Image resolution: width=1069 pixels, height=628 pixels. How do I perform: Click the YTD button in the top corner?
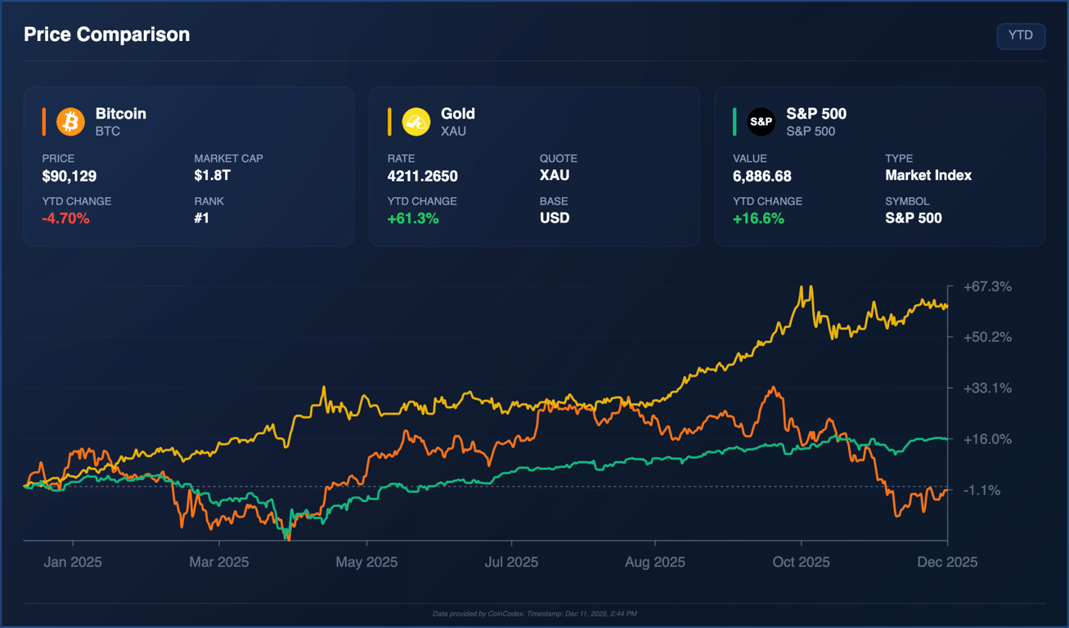point(1020,36)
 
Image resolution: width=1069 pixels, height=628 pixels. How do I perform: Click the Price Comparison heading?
point(106,34)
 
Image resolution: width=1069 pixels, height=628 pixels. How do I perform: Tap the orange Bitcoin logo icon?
point(70,122)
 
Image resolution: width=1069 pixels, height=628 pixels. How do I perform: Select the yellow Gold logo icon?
point(416,122)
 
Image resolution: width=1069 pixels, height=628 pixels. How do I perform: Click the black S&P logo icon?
point(761,122)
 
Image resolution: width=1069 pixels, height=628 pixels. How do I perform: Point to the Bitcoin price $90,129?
point(70,176)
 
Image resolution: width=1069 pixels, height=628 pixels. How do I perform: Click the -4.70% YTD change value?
point(65,218)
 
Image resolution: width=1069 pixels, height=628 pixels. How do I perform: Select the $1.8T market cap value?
point(213,175)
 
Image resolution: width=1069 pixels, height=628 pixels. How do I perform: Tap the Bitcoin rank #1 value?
point(202,218)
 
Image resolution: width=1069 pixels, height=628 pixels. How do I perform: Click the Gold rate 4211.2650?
point(422,176)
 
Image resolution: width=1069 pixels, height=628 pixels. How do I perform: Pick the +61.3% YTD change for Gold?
point(413,218)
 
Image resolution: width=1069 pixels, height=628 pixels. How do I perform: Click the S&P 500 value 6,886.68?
point(762,176)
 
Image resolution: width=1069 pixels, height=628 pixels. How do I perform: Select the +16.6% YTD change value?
point(758,218)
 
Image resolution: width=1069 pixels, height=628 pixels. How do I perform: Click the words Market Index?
point(928,175)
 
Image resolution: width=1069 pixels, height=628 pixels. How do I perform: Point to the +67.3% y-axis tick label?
point(987,287)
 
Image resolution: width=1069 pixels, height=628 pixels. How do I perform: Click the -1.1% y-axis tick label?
point(981,490)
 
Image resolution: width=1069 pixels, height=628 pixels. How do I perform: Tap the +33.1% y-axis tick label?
point(987,388)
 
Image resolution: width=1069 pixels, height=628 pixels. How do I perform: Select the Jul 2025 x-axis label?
point(512,562)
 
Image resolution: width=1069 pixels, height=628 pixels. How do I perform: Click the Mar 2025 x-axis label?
point(218,562)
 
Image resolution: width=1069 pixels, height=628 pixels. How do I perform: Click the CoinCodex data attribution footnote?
point(534,613)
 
